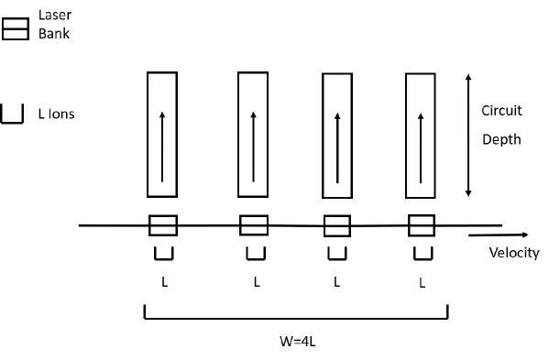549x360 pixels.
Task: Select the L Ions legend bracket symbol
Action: pyautogui.click(x=13, y=115)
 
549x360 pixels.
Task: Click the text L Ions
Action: pyautogui.click(x=56, y=115)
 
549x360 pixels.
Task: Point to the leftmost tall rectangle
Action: pyautogui.click(x=161, y=135)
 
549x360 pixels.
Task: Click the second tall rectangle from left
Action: pyautogui.click(x=252, y=135)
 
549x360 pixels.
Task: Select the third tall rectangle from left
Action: pyautogui.click(x=336, y=135)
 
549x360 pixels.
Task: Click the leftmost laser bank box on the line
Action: pyautogui.click(x=163, y=225)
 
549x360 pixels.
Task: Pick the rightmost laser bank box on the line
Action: pyautogui.click(x=422, y=225)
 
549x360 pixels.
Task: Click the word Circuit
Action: pyautogui.click(x=501, y=111)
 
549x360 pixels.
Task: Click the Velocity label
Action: pyautogui.click(x=513, y=253)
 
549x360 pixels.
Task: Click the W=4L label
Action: pyautogui.click(x=299, y=344)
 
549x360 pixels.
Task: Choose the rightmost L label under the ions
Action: pyautogui.click(x=422, y=283)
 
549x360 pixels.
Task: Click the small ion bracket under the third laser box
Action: pyautogui.click(x=337, y=252)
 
